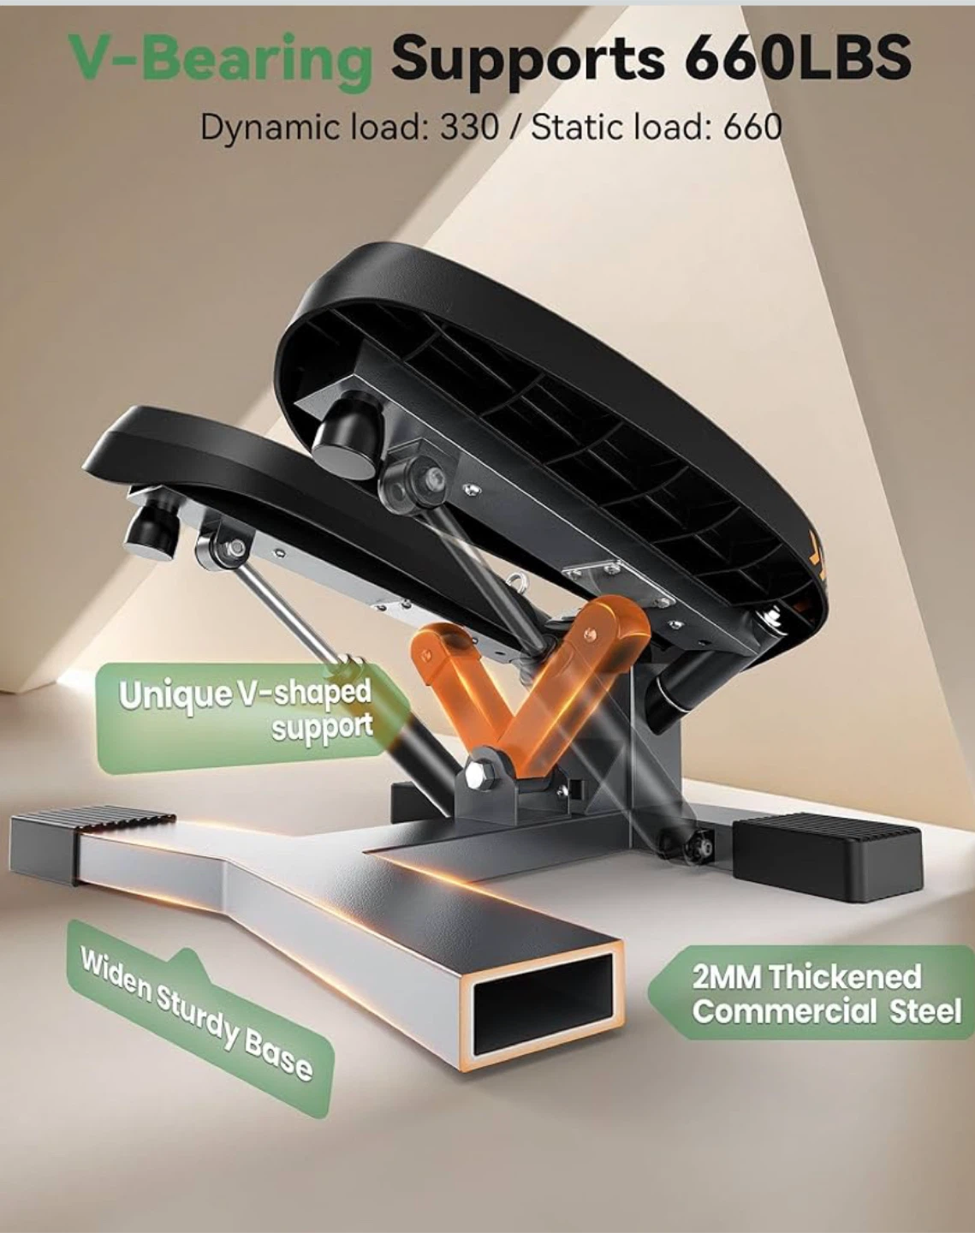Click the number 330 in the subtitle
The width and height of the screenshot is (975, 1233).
[469, 127]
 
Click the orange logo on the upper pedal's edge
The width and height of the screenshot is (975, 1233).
[817, 559]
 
